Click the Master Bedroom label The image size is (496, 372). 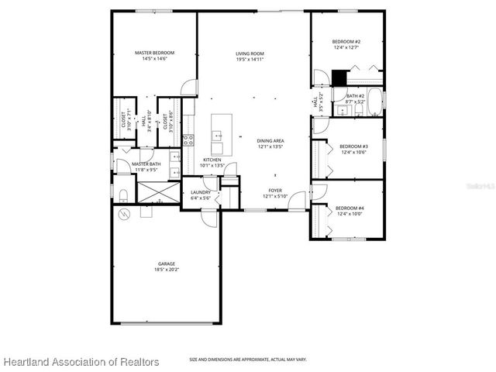(154, 53)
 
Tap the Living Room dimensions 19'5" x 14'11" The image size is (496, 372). (250, 60)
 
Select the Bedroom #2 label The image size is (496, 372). (346, 41)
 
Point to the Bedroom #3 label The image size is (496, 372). (353, 146)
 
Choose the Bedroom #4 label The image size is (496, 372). (350, 208)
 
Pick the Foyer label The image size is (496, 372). (275, 190)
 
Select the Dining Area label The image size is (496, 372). (271, 140)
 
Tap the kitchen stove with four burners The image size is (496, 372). (188, 140)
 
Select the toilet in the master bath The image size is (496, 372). (122, 191)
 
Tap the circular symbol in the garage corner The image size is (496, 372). (122, 214)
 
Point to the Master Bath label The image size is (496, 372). (146, 164)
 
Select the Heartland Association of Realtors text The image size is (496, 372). (81, 362)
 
